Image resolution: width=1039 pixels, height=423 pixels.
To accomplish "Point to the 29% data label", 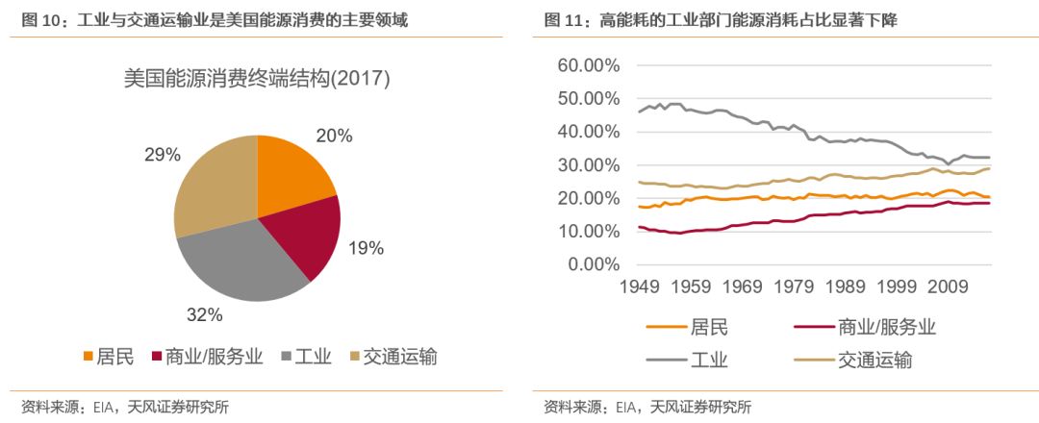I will click(x=163, y=155).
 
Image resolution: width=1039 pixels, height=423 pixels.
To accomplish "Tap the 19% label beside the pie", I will click(x=366, y=248).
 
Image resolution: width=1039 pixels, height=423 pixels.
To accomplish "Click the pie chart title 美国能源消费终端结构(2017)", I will click(x=257, y=80).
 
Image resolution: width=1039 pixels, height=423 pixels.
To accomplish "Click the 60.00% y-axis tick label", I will click(x=588, y=65).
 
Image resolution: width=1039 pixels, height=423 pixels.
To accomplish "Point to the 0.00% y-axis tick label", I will click(x=593, y=264).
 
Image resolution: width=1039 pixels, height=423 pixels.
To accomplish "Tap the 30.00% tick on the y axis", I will click(x=588, y=165).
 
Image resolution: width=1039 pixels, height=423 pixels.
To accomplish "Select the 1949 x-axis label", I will click(x=642, y=286).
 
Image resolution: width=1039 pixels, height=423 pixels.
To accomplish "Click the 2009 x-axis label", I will click(x=947, y=286).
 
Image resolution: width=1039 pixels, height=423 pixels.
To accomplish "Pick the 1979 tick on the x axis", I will click(x=795, y=286).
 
